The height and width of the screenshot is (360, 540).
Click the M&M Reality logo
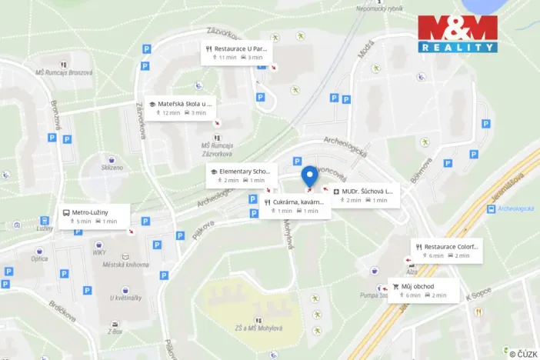click(457, 33)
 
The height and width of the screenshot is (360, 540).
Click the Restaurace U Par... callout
click(238, 52)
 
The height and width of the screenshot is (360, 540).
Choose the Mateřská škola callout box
click(182, 108)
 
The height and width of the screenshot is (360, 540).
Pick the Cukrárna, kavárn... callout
click(295, 206)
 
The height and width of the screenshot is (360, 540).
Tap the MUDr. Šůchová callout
click(365, 195)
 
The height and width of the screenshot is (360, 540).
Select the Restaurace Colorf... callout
click(447, 251)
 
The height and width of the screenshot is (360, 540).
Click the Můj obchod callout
click(424, 290)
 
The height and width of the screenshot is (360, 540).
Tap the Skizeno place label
click(112, 167)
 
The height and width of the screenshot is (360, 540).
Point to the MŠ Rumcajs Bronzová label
click(65, 72)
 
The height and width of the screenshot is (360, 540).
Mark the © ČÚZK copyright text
click(523, 353)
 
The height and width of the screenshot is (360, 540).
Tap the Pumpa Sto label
click(375, 295)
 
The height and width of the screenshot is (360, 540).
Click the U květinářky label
click(125, 297)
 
